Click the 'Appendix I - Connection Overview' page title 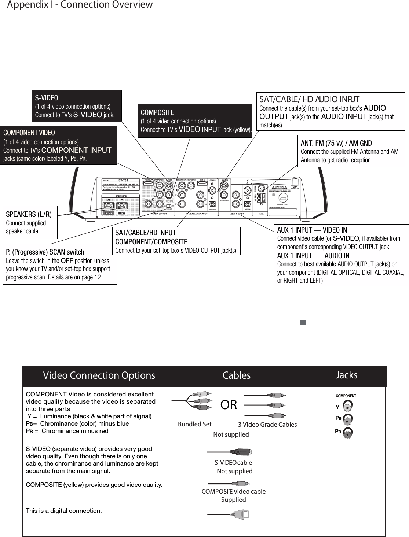pyautogui.click(x=80, y=5)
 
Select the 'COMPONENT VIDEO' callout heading pyautogui.click(x=29, y=132)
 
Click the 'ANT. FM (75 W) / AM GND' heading pyautogui.click(x=336, y=143)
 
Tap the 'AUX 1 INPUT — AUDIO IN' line pyautogui.click(x=313, y=255)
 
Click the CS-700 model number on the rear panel pyautogui.click(x=123, y=181)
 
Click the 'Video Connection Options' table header pyautogui.click(x=99, y=375)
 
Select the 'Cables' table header pyautogui.click(x=237, y=375)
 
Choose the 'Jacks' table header pyautogui.click(x=346, y=375)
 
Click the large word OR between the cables pyautogui.click(x=229, y=405)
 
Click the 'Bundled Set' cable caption pyautogui.click(x=194, y=424)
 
